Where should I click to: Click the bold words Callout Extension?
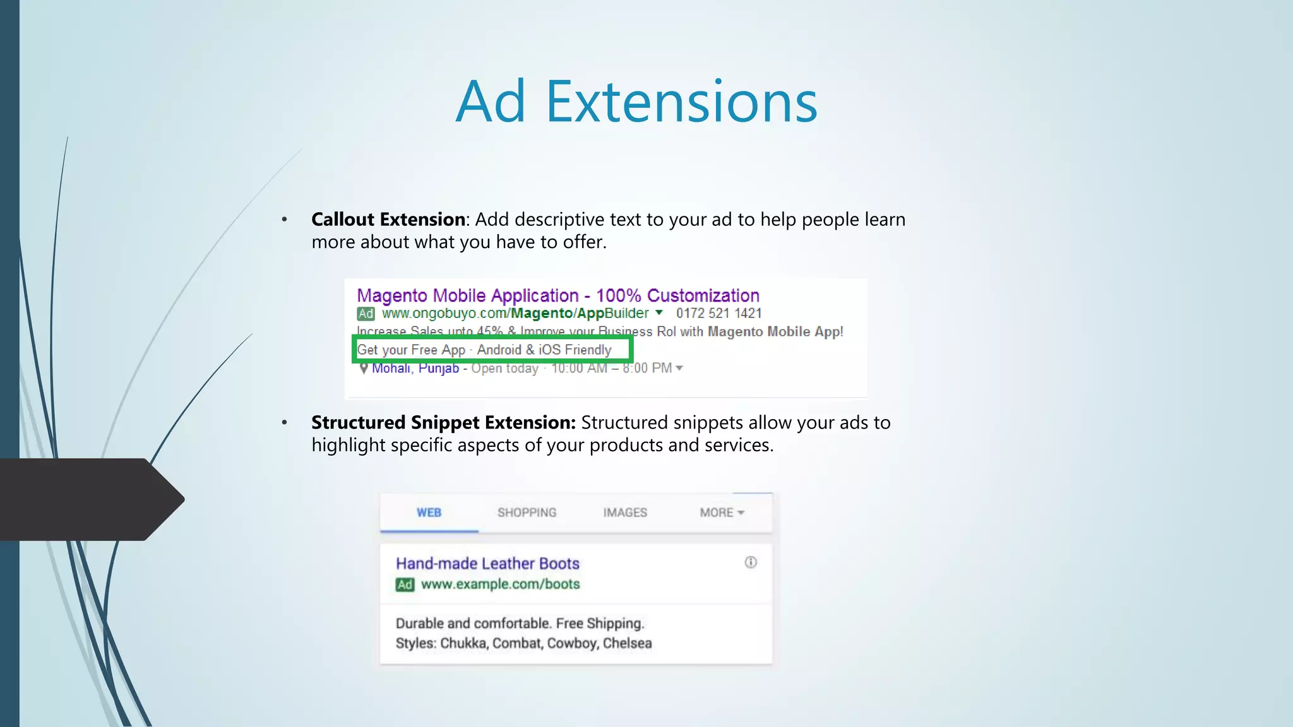coord(388,220)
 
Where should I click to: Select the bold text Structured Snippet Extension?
coord(443,423)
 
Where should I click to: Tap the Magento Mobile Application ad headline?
coord(557,295)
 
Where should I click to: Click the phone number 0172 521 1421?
coord(718,314)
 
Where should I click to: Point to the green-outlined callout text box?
coord(492,350)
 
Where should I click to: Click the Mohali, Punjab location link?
coord(415,369)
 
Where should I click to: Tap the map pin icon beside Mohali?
coord(363,369)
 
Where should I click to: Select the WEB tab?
coord(429,512)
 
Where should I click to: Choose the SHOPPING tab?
coord(527,512)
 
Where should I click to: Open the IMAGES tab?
coord(625,512)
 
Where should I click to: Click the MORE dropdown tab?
coord(722,512)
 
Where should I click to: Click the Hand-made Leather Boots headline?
coord(487,564)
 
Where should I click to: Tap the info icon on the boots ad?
coord(751,562)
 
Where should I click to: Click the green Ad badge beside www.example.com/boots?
coord(405,585)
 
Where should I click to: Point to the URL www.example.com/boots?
coord(500,584)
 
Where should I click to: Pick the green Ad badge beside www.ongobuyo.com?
coord(366,314)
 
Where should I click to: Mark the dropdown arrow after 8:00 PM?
coord(679,368)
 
